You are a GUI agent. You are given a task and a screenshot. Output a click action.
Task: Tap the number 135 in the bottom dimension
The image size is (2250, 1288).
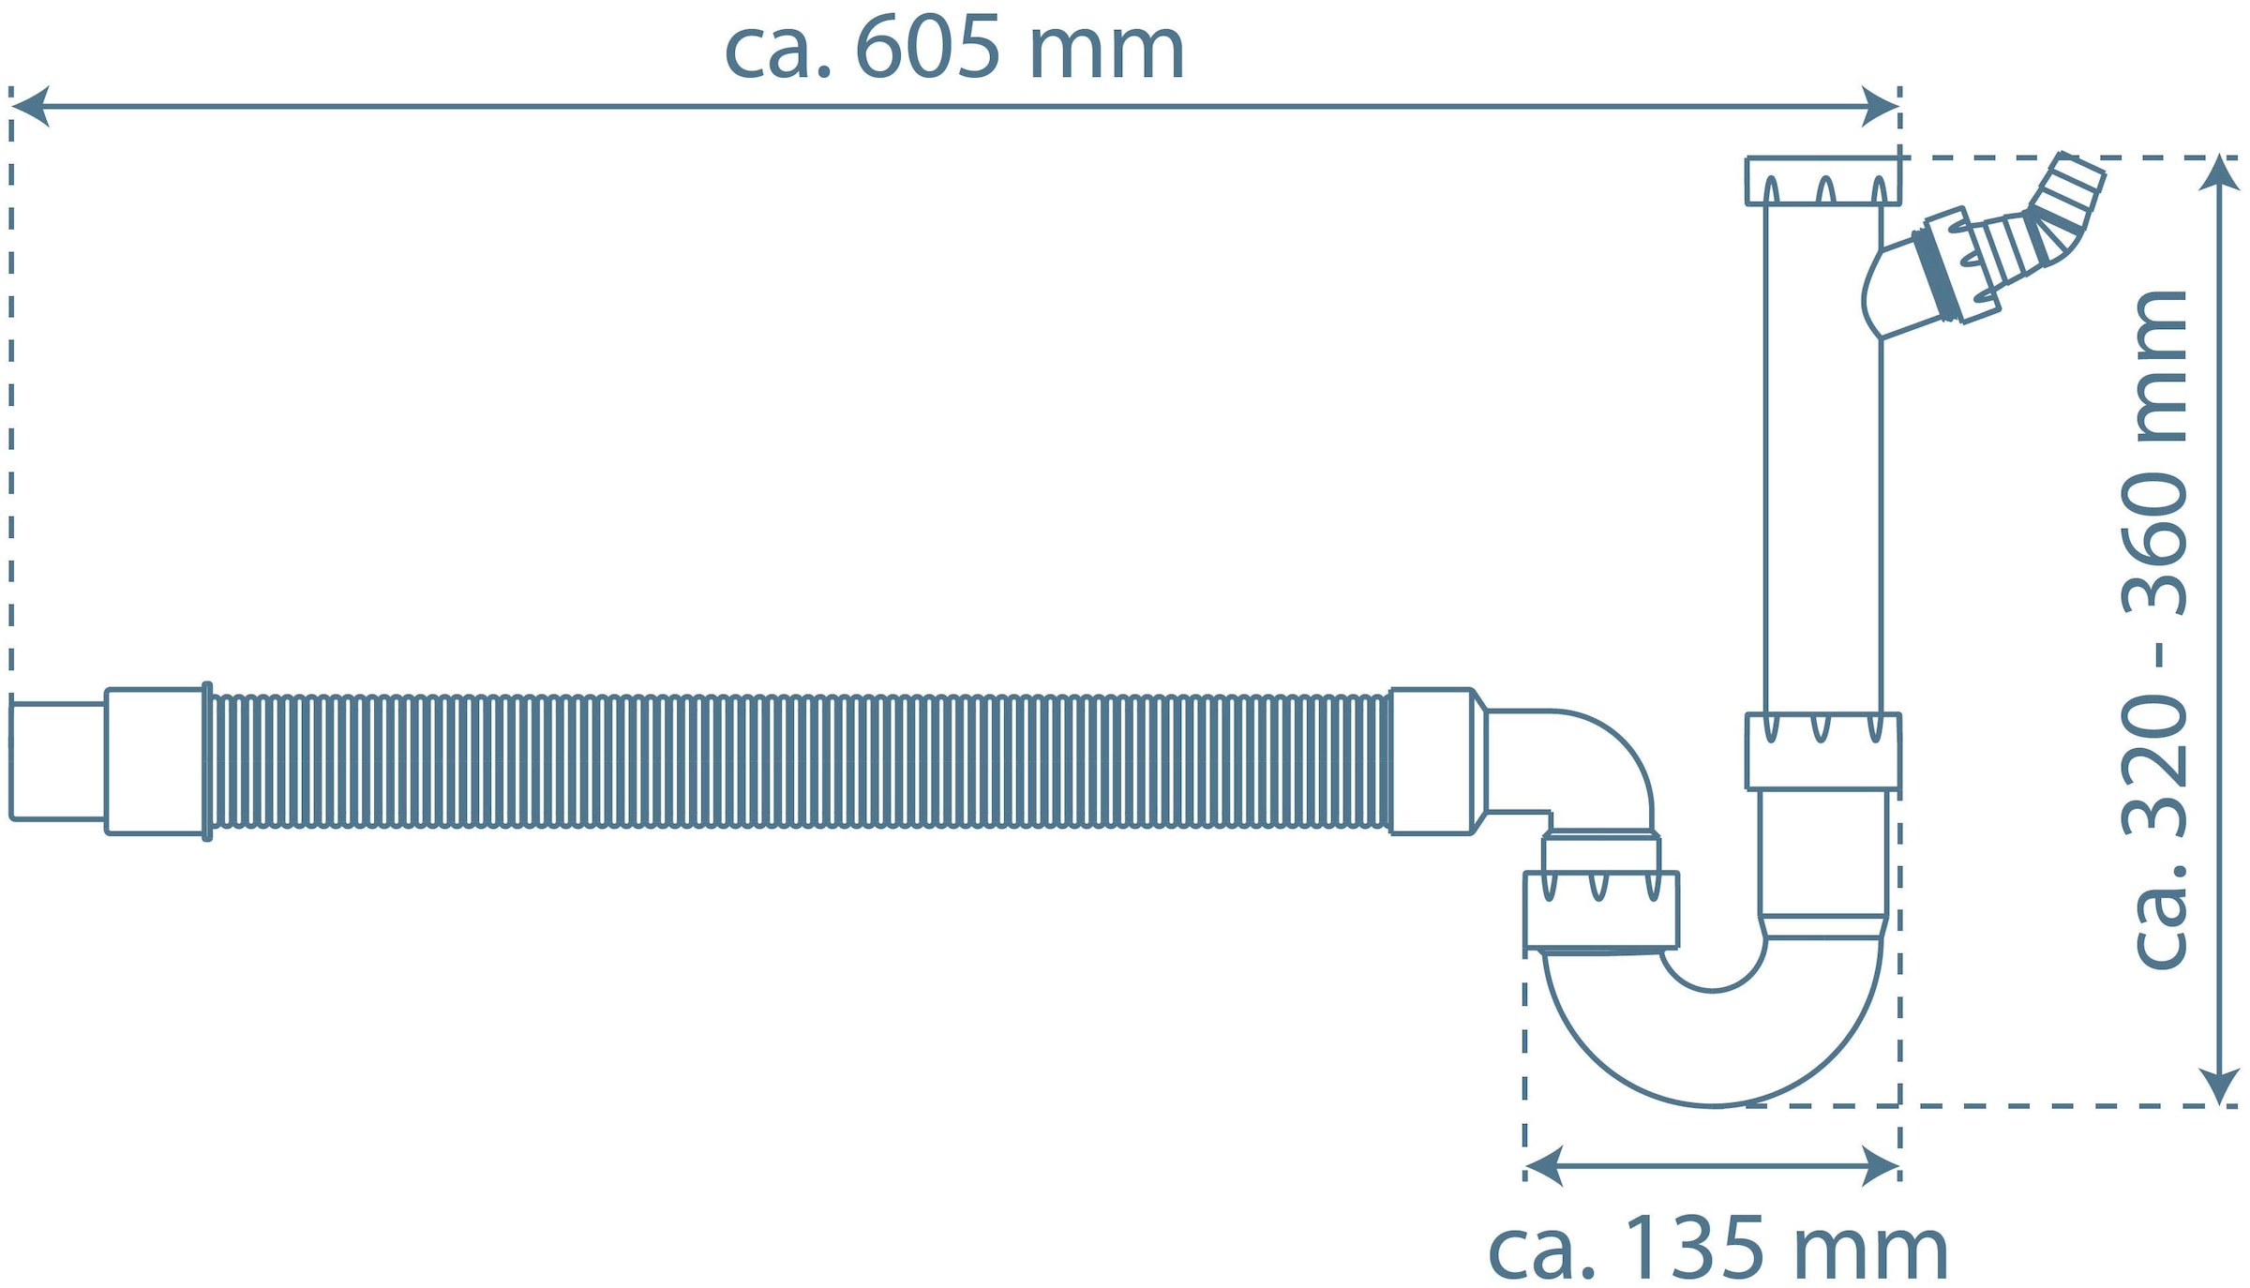tap(1694, 1248)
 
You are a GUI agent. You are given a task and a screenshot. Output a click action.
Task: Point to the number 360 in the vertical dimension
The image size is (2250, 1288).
tap(2156, 544)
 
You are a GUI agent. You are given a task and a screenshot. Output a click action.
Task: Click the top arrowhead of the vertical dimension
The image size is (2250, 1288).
tap(2219, 173)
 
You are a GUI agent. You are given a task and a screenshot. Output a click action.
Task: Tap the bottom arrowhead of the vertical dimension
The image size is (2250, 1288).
tap(2219, 1086)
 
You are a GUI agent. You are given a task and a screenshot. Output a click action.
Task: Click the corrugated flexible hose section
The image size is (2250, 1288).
tap(797, 761)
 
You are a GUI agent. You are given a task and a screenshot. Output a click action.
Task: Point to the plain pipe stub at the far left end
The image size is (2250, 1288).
tap(56, 761)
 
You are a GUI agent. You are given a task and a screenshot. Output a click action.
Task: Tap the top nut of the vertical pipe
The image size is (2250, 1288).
tap(1822, 181)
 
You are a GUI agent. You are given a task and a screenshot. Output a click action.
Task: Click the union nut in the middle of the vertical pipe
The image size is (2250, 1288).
tap(1822, 751)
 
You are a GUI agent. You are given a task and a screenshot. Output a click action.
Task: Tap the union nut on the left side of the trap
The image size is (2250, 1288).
tap(1601, 909)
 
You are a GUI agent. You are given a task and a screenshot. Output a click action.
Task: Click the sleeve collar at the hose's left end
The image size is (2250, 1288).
tap(155, 761)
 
